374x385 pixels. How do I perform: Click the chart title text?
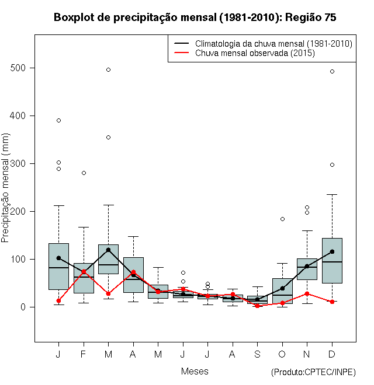pos(195,17)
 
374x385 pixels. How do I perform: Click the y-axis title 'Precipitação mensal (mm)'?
pos(6,195)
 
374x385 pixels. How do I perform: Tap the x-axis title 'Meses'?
pos(195,371)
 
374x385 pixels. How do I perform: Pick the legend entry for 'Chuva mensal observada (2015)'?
pos(255,53)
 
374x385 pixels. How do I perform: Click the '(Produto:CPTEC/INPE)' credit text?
pos(313,372)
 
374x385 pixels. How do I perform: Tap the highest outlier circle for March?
pos(108,69)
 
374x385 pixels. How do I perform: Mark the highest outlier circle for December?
pos(332,71)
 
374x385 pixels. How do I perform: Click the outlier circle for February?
pos(84,173)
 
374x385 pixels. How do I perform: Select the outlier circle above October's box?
pos(282,219)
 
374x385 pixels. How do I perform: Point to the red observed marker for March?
pos(108,293)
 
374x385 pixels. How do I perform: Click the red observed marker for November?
pos(307,293)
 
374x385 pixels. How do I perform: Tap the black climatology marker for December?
pos(332,251)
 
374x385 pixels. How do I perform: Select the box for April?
pos(133,275)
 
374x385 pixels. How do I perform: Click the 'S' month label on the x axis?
pos(257,354)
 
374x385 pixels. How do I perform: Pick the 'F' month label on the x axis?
pos(84,354)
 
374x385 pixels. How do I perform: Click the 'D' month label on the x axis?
pos(332,354)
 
